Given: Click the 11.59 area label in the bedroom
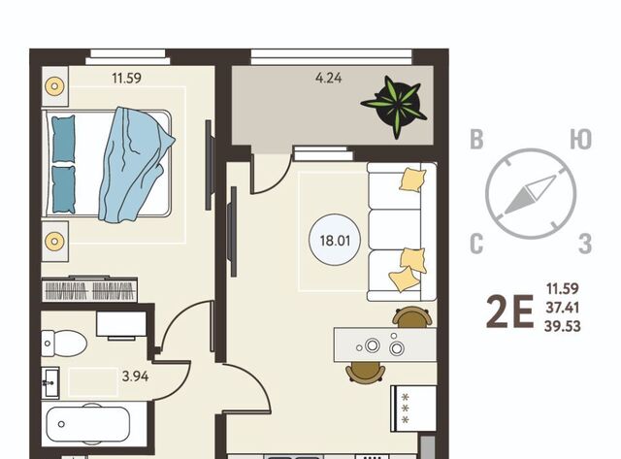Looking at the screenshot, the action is pyautogui.click(x=126, y=78).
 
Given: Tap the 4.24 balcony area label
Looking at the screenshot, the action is pyautogui.click(x=328, y=78).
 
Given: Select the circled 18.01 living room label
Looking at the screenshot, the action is pyautogui.click(x=335, y=241).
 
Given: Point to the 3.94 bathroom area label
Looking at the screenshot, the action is pyautogui.click(x=136, y=376).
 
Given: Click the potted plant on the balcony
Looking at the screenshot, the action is pyautogui.click(x=394, y=106).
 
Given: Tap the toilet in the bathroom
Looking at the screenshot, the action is pyautogui.click(x=64, y=343).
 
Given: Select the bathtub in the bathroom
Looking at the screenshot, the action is pyautogui.click(x=88, y=424).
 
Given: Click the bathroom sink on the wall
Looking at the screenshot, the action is pyautogui.click(x=50, y=383).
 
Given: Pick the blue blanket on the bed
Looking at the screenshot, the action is pyautogui.click(x=136, y=164).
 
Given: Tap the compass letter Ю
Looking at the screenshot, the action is pyautogui.click(x=580, y=140).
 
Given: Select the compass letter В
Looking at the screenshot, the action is pyautogui.click(x=476, y=140).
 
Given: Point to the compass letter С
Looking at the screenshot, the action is pyautogui.click(x=476, y=244).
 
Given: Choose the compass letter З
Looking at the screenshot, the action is pyautogui.click(x=585, y=244).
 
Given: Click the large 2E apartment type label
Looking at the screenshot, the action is pyautogui.click(x=509, y=312).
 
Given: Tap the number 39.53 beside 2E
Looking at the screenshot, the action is pyautogui.click(x=563, y=326).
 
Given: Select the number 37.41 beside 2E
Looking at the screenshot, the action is pyautogui.click(x=563, y=307).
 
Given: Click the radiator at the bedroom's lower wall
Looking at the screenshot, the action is pyautogui.click(x=89, y=289).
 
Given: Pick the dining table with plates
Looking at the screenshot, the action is pyautogui.click(x=385, y=344).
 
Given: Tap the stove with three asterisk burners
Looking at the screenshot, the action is pyautogui.click(x=413, y=408).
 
